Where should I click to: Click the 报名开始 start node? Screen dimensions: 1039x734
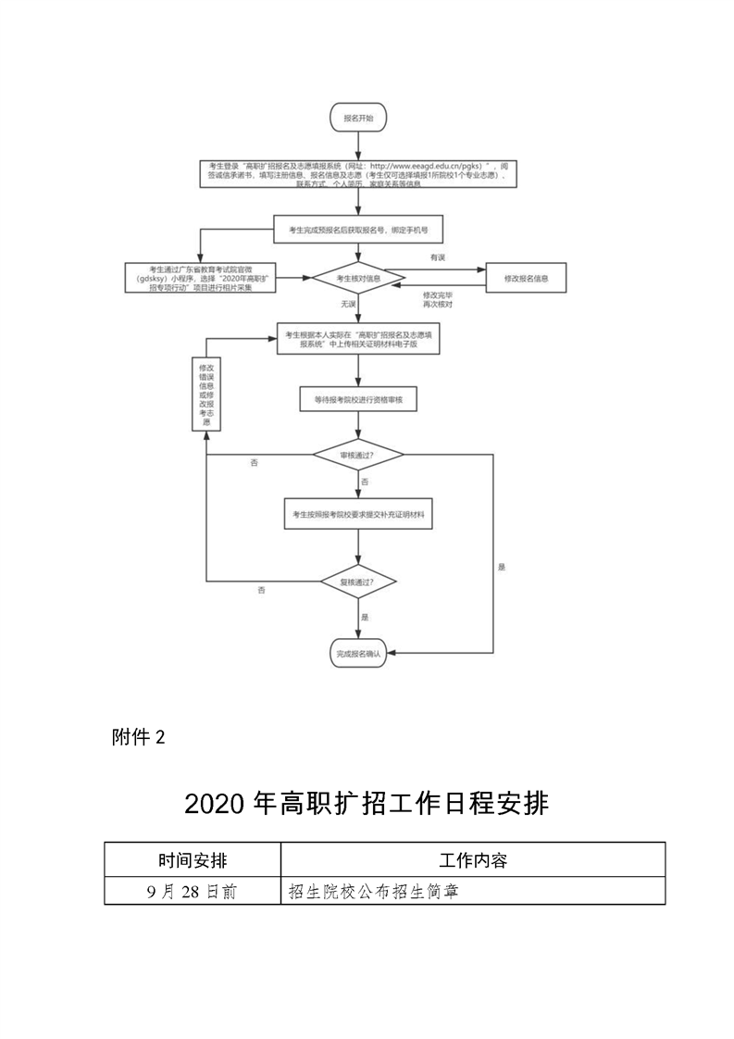coord(358,119)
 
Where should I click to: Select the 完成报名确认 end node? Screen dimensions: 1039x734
coord(358,654)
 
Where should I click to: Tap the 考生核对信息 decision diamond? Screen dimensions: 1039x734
coord(358,278)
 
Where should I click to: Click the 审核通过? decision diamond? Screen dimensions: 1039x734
coord(358,456)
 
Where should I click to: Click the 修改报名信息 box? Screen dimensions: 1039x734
coord(526,278)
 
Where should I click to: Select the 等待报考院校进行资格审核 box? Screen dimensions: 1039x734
coord(358,399)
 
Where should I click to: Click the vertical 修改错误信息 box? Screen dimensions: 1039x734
coord(205,394)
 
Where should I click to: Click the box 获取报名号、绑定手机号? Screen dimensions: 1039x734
coord(358,228)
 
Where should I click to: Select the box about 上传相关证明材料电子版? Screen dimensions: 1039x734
coord(358,338)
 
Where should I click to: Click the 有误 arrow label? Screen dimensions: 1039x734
coord(437,256)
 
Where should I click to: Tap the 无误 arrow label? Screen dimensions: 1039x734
coord(348,304)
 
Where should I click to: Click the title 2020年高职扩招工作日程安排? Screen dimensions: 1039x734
coord(367,803)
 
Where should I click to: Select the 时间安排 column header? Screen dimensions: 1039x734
coord(192,860)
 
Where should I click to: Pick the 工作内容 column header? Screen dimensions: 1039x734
coord(472,860)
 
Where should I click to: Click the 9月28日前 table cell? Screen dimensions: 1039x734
coord(192,891)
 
